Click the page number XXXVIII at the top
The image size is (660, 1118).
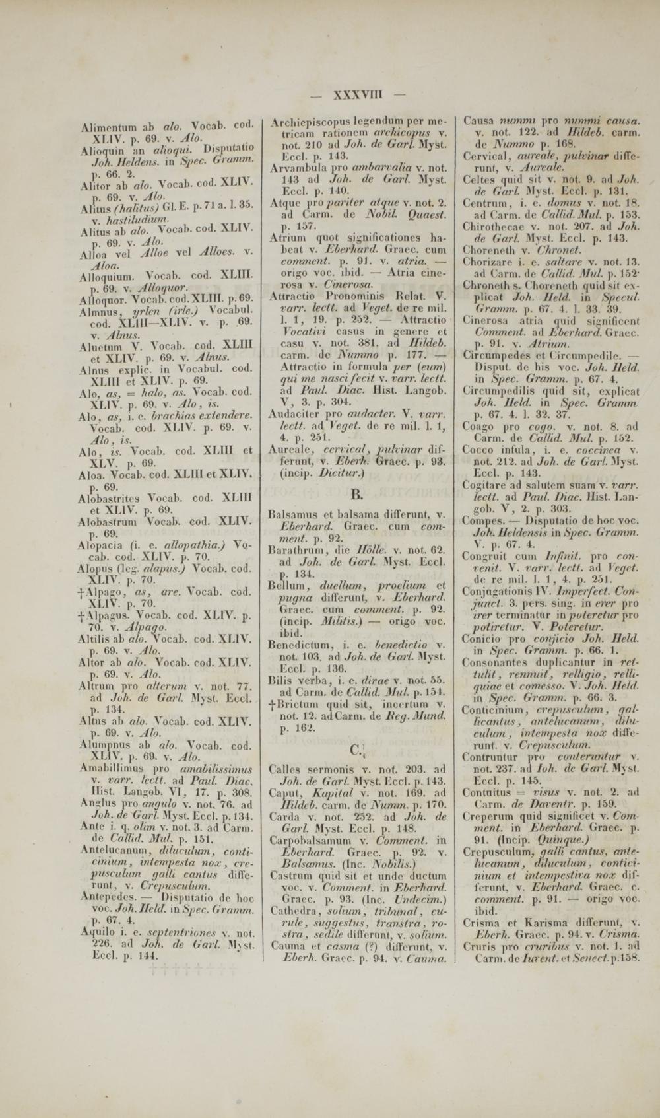(x=360, y=94)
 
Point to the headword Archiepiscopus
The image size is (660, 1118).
(x=308, y=122)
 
